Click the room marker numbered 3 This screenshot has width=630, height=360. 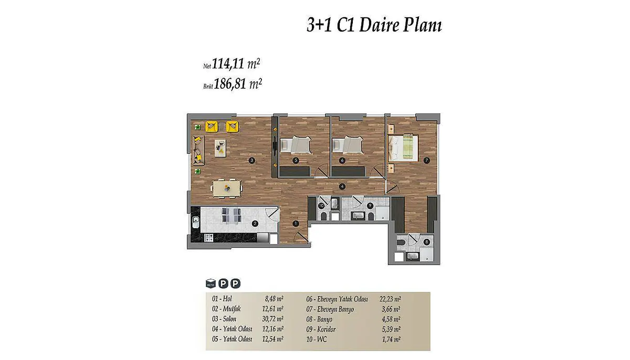tap(251, 161)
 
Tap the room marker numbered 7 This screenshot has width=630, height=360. tap(427, 161)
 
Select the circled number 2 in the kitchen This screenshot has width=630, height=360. tap(255, 224)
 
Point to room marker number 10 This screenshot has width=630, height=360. tap(321, 206)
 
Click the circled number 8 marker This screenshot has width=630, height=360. tap(427, 242)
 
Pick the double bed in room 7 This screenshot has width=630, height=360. tap(403, 148)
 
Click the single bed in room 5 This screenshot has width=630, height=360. tap(296, 145)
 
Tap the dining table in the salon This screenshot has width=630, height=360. tap(227, 188)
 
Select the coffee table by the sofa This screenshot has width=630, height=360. tap(220, 148)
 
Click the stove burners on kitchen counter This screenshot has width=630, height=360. tap(209, 238)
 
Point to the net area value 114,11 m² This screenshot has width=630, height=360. tap(236, 64)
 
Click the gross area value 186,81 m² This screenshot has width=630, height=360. tap(238, 84)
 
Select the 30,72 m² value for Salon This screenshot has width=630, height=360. tap(272, 319)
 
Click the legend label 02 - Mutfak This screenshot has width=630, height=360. tap(226, 309)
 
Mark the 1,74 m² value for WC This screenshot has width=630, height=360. tap(391, 340)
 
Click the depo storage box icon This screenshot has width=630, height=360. tap(211, 283)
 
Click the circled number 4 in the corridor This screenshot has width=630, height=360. tap(342, 186)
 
